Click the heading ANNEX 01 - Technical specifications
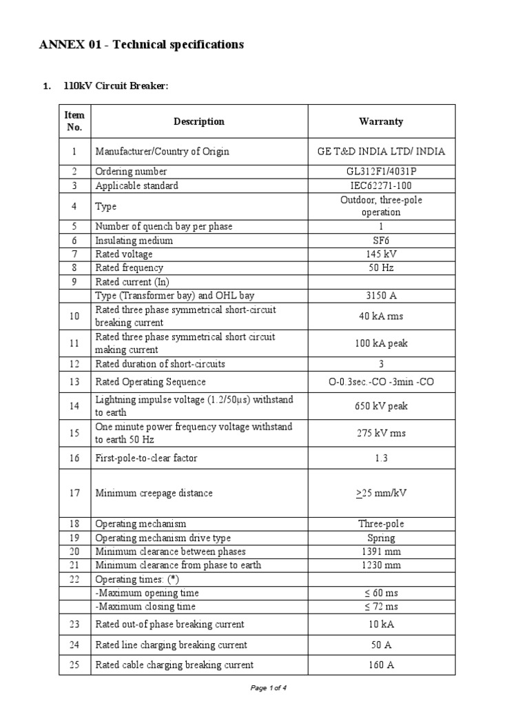coord(141,45)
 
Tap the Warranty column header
coord(381,121)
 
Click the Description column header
coord(198,121)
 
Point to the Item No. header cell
coord(74,121)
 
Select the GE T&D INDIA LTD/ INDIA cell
coord(381,151)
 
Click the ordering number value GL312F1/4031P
coord(381,172)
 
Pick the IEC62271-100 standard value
coord(381,185)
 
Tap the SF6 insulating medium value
coord(381,241)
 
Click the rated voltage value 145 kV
coord(381,254)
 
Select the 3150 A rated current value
coord(381,296)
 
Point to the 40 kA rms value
coord(381,316)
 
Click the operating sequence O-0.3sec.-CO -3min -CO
coord(381,382)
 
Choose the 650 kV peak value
coord(381,406)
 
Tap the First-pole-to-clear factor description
coord(151,458)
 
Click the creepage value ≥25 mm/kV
coord(381,493)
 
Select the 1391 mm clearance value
coord(381,552)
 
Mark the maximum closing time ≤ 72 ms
coord(381,607)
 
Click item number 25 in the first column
coord(74,665)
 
